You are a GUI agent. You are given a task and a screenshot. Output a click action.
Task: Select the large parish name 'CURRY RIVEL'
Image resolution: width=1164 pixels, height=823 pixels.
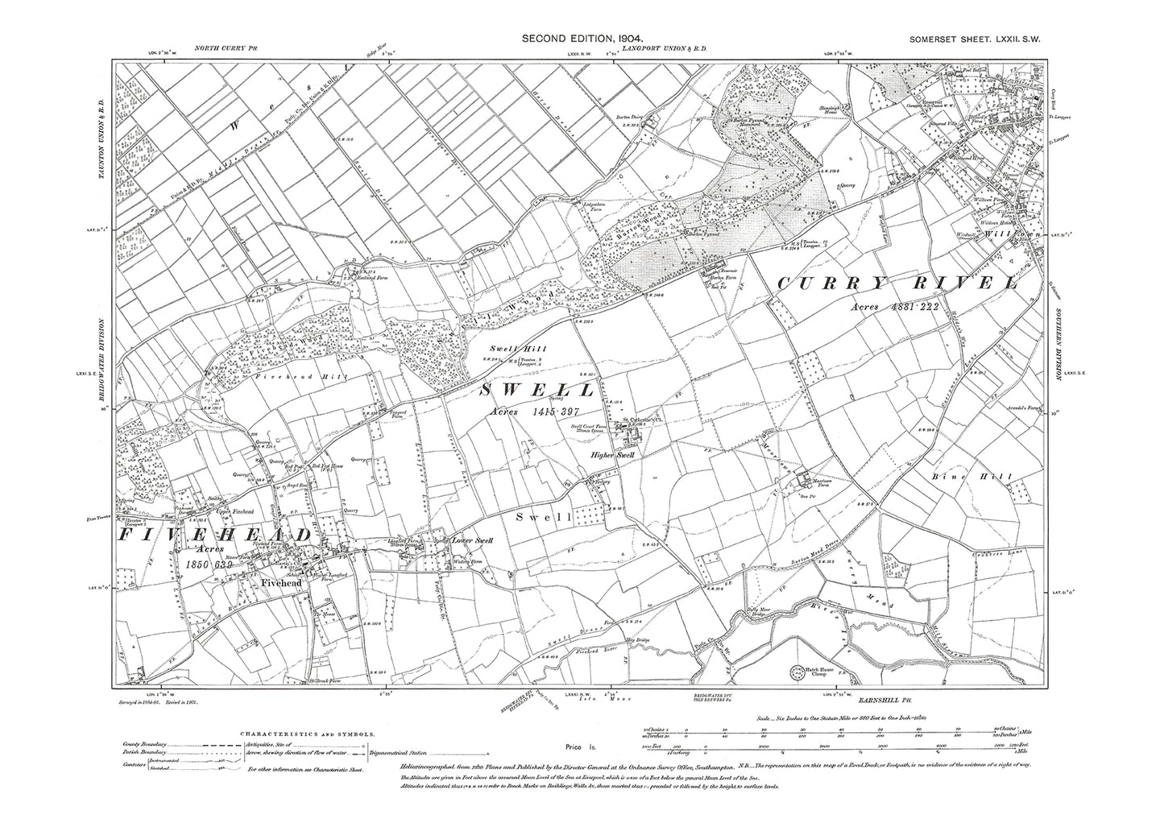pyautogui.click(x=898, y=283)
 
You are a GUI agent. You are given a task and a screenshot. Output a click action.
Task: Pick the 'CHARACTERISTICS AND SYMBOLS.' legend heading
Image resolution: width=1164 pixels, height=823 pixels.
pyautogui.click(x=307, y=734)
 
